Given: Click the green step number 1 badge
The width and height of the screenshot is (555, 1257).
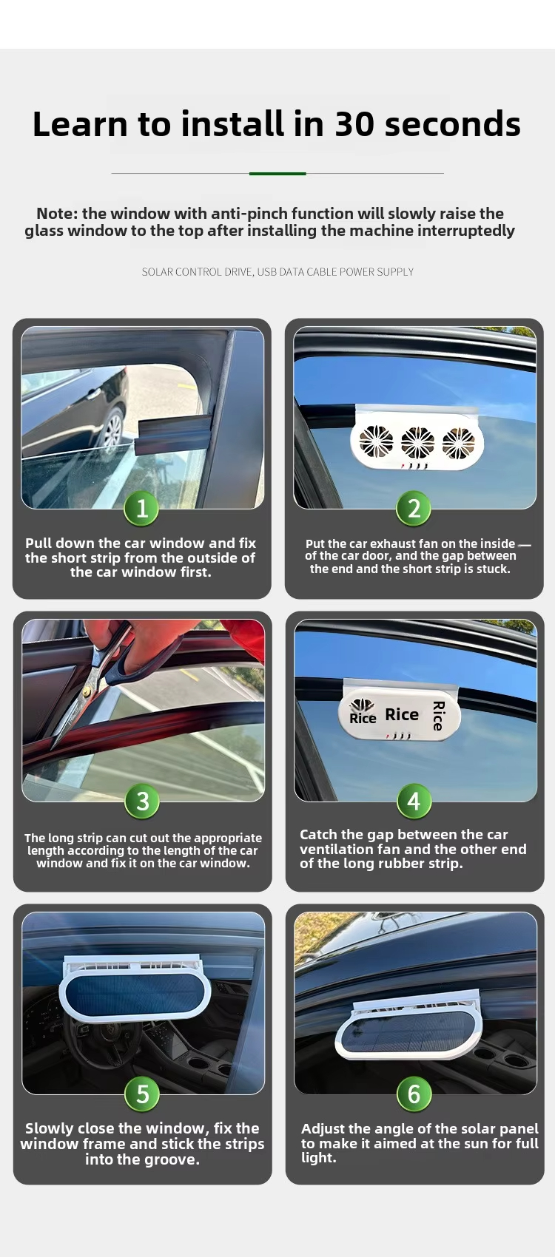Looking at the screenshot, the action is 141,509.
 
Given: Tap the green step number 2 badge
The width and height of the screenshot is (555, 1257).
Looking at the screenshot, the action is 414,509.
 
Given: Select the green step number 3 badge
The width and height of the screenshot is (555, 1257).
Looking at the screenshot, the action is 142,802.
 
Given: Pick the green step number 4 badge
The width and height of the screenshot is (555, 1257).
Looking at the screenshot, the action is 414,802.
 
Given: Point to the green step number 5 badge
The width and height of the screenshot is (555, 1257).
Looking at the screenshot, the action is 142,1094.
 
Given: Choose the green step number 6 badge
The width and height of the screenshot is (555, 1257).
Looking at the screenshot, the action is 414,1094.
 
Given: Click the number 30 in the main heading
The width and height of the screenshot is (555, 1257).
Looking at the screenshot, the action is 354,124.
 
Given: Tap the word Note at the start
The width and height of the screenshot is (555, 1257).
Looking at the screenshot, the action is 57,214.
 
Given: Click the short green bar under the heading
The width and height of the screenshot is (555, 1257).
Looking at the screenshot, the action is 277,174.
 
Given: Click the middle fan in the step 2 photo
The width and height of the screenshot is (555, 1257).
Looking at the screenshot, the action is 417,442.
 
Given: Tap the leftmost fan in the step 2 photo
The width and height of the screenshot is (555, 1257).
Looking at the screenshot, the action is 376,441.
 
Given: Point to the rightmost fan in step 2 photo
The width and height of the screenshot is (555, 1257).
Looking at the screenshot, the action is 458,443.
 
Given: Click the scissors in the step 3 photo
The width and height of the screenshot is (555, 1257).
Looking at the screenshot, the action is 90,685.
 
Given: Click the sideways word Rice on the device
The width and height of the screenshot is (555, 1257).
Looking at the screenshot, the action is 438,716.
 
